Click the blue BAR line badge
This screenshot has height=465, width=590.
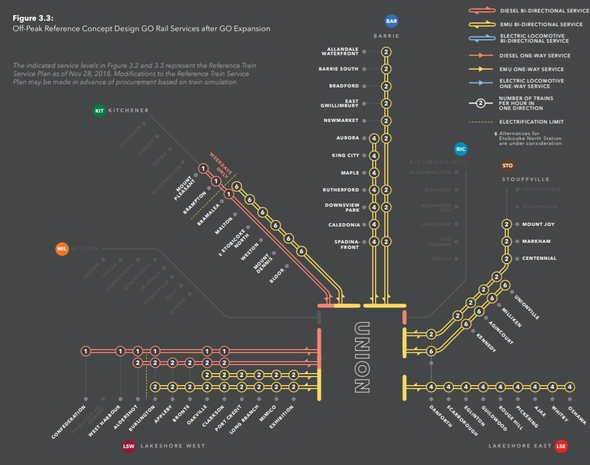(x=391, y=21)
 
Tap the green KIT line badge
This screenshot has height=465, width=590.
(x=99, y=111)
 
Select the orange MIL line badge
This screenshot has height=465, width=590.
(x=62, y=249)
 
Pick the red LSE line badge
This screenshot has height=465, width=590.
(x=561, y=446)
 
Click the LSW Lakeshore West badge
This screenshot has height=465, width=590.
(x=129, y=446)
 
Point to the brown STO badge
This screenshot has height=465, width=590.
(x=507, y=165)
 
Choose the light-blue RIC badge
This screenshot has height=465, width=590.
(x=461, y=149)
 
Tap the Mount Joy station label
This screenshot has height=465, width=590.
(x=538, y=224)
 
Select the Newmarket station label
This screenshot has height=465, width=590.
(x=341, y=120)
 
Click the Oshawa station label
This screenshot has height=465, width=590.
(x=577, y=414)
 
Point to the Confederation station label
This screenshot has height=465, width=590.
(x=68, y=422)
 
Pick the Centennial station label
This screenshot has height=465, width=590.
(x=539, y=258)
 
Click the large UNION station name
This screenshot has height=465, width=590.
(x=362, y=357)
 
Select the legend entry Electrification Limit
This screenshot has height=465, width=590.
(x=531, y=121)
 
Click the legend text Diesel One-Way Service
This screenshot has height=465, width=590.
(x=535, y=56)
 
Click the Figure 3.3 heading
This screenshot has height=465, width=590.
(x=33, y=18)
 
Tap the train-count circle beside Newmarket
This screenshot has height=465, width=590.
(x=386, y=120)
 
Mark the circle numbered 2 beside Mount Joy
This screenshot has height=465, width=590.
(x=507, y=224)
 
